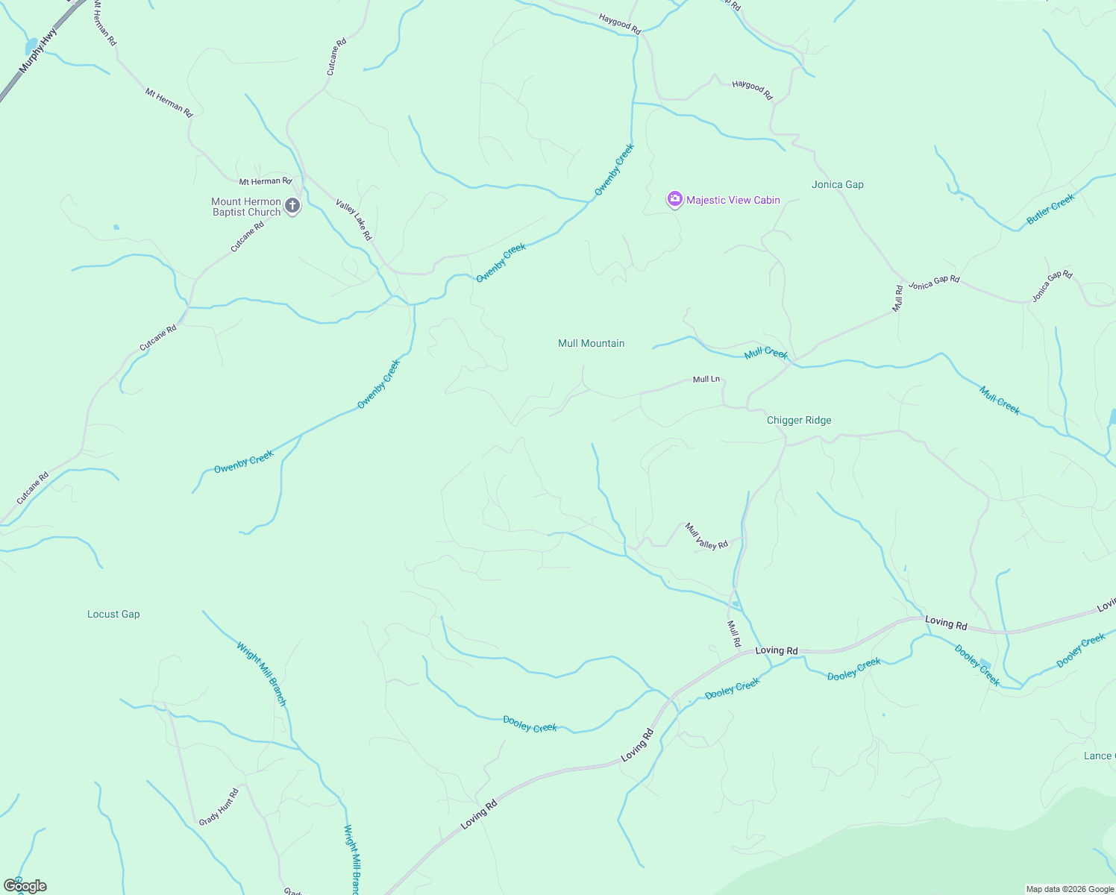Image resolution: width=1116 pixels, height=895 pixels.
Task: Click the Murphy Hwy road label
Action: (x=38, y=51)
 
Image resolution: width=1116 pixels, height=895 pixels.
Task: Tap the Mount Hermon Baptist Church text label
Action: (x=245, y=207)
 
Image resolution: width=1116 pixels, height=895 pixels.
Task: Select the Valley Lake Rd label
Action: (x=354, y=220)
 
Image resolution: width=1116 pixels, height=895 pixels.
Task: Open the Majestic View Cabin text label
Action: (x=733, y=200)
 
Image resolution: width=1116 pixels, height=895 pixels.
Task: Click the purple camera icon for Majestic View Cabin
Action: (x=675, y=198)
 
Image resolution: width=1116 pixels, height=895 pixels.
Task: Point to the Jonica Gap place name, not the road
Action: (x=837, y=184)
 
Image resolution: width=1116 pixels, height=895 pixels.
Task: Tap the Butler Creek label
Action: (x=1050, y=209)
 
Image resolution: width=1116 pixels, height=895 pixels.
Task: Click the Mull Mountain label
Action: (x=591, y=343)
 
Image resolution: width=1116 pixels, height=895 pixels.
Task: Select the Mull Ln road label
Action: (x=706, y=380)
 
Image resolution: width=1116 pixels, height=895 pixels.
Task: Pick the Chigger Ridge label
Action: (x=798, y=420)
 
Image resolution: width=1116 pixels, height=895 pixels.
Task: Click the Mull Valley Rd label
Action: (x=706, y=536)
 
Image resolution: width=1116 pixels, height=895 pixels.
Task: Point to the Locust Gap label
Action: (x=113, y=614)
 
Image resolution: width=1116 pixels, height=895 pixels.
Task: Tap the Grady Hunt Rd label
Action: (x=219, y=807)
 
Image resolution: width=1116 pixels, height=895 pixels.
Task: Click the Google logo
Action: (x=25, y=886)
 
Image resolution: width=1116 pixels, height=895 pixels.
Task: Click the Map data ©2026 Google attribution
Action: (x=1069, y=889)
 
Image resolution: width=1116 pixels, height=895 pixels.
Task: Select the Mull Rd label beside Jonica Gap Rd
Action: (x=898, y=298)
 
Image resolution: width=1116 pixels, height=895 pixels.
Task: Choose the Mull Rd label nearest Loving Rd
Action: (x=734, y=633)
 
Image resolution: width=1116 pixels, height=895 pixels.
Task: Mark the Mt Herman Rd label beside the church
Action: (x=265, y=181)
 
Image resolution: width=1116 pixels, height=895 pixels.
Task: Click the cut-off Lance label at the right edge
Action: (x=1098, y=756)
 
